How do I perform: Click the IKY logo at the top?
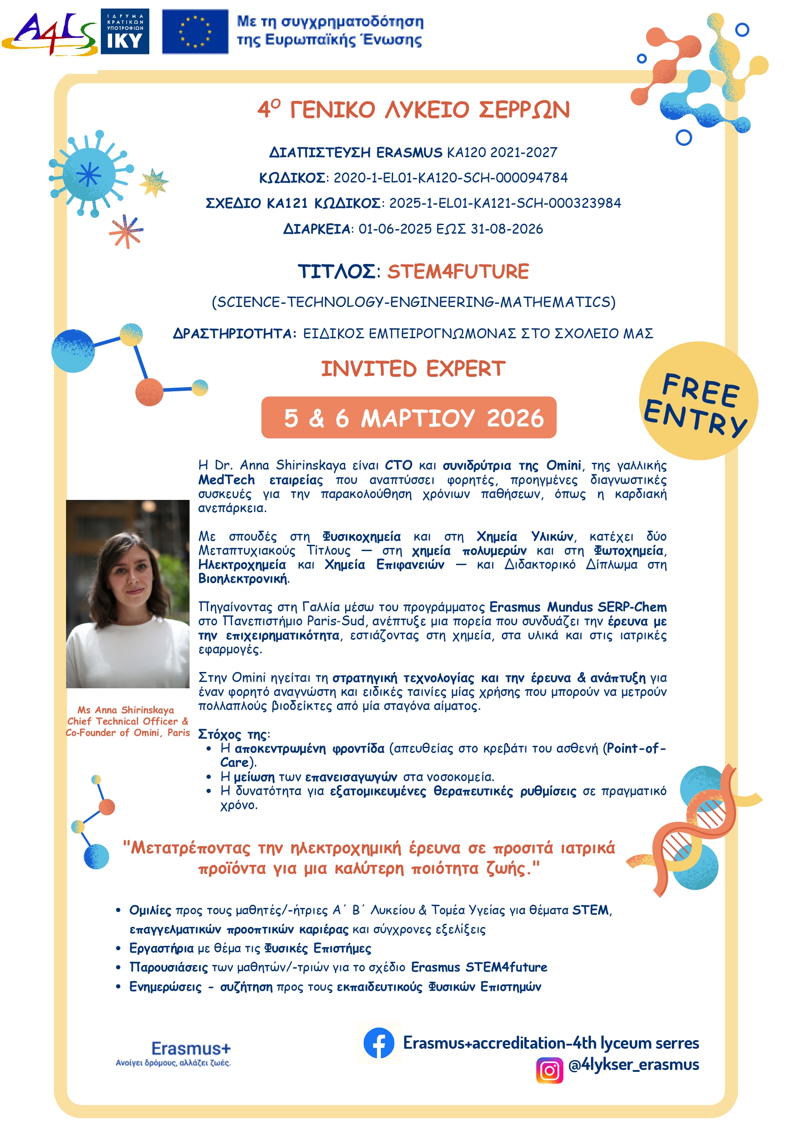point(125,31)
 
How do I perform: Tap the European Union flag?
point(195,31)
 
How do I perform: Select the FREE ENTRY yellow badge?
point(698,401)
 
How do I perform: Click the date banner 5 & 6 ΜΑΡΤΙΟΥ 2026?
point(409,418)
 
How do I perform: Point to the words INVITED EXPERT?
point(413,369)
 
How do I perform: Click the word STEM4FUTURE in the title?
point(458,272)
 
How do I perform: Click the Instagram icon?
point(550,1070)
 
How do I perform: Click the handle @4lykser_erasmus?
point(634,1065)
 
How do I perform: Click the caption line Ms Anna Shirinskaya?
point(126,710)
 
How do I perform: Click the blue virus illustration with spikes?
point(90,174)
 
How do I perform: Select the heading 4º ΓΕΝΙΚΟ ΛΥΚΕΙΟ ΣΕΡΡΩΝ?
point(413,110)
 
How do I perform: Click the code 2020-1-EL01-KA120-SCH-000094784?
point(450,178)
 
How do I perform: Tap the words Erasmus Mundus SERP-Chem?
point(578,607)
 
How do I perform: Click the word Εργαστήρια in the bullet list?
point(162,948)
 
